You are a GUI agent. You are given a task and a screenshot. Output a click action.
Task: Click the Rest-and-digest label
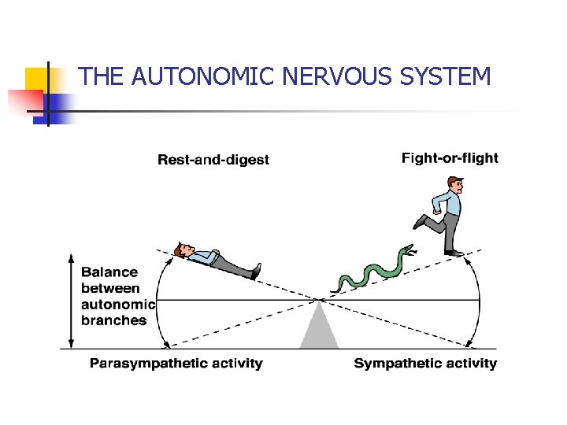(213, 160)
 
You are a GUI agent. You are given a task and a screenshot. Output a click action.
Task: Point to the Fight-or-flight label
(450, 158)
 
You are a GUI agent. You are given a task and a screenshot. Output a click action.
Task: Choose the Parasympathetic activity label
(176, 363)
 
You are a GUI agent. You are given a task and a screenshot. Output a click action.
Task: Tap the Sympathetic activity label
(425, 363)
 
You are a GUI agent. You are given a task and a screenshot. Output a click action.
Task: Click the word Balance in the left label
(109, 272)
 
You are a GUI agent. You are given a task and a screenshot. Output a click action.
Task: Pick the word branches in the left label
(114, 320)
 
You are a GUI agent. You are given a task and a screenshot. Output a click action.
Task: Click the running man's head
(454, 187)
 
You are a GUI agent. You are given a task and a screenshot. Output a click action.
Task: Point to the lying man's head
(184, 250)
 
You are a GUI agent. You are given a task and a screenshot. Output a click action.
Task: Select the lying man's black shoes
(255, 272)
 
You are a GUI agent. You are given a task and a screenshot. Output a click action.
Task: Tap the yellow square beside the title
(37, 79)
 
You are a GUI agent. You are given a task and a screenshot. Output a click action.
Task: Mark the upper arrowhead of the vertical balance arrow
(72, 259)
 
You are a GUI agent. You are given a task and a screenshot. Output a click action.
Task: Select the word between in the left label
(109, 288)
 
